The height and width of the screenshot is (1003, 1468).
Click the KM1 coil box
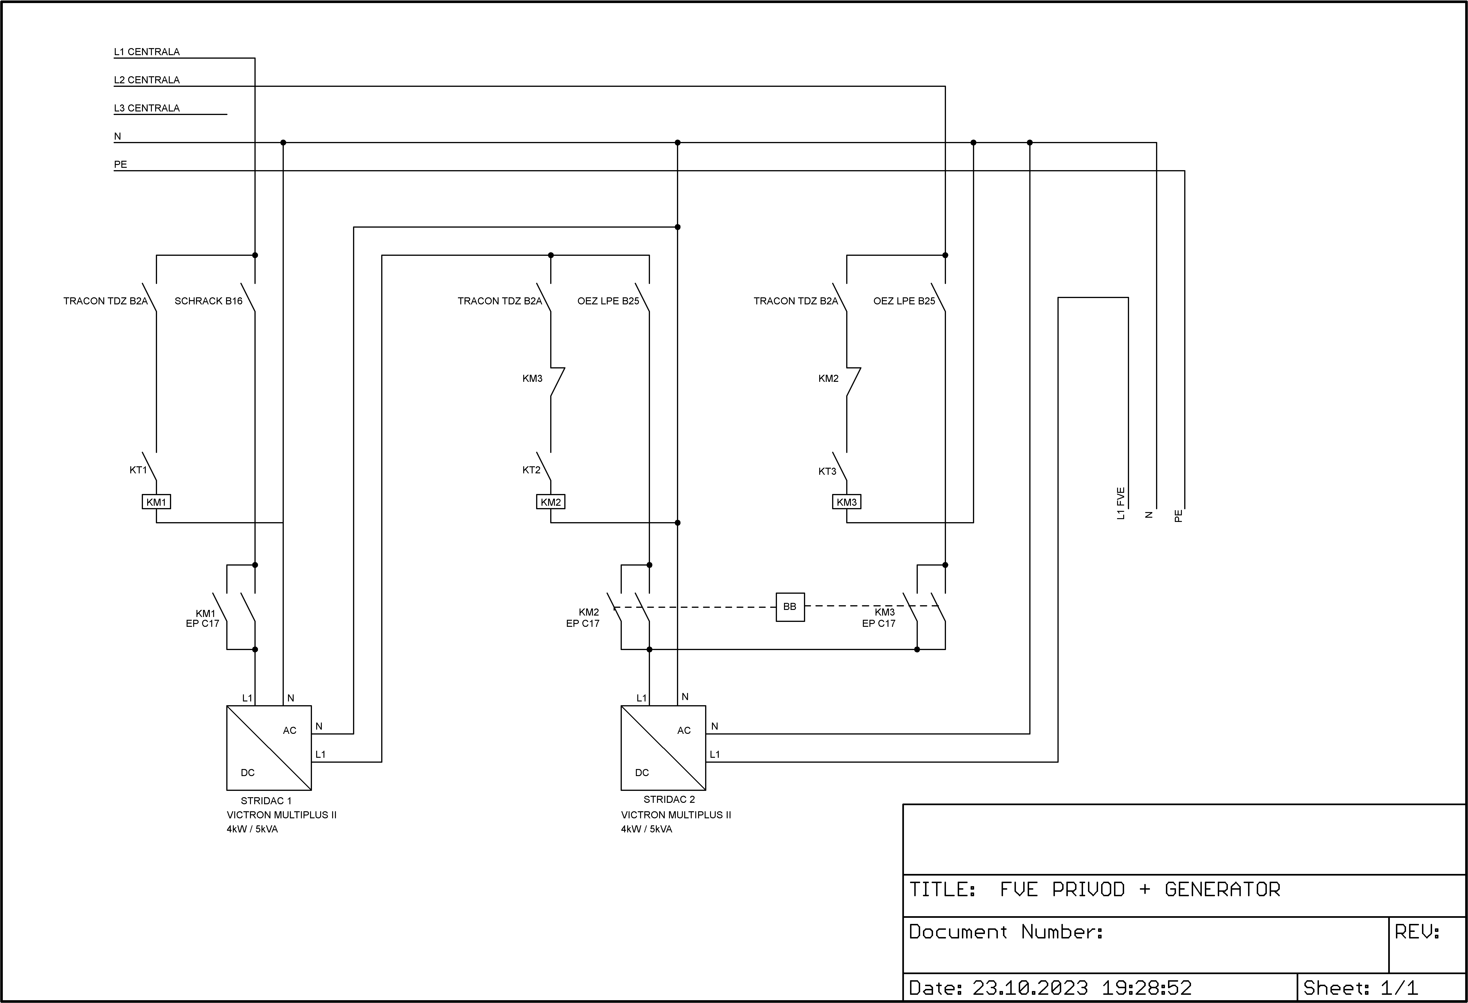pos(156,502)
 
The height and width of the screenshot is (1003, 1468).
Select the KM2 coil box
pos(551,502)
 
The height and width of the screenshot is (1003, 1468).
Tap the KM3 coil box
pos(846,502)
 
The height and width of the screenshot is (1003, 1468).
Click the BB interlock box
pos(790,607)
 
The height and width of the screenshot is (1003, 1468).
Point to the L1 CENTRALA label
pos(146,52)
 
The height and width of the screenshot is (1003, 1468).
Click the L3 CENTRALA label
pos(146,108)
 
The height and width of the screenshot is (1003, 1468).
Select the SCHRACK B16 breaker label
pos(208,301)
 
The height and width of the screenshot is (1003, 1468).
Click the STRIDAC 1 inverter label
pos(266,801)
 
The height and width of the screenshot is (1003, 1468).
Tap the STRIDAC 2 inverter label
pos(669,800)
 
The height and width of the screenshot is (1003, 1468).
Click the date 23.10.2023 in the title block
pos(1030,987)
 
